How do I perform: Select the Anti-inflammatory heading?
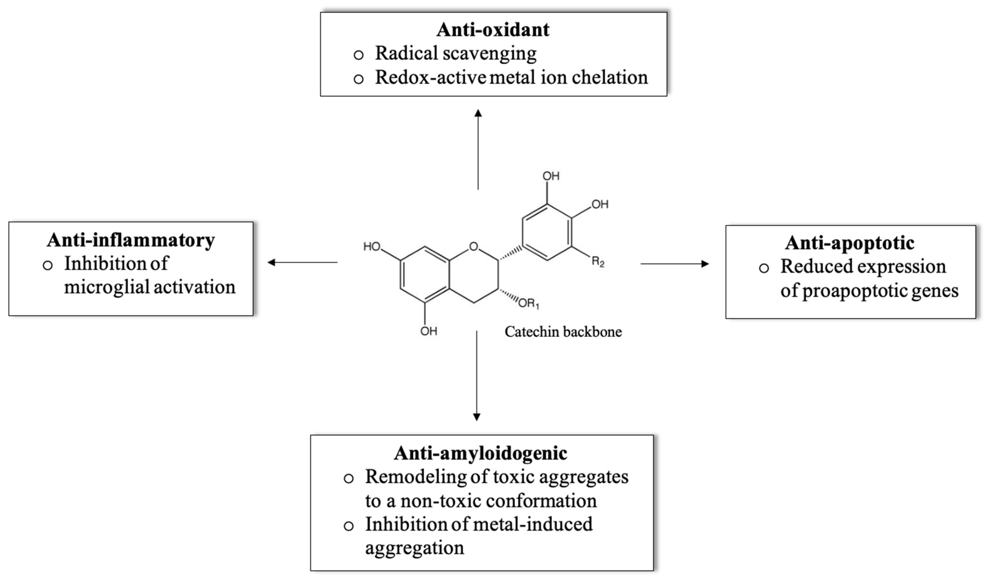tap(131, 240)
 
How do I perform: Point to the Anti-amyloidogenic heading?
tap(480, 453)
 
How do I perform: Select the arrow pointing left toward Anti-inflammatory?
tap(302, 263)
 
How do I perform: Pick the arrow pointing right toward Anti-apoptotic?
tap(674, 264)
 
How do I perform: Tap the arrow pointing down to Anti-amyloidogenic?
tap(476, 375)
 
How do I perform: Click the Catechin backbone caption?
tap(563, 332)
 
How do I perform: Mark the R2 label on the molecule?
tap(598, 262)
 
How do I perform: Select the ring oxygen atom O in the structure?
tap(474, 246)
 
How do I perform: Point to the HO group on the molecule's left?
tap(372, 246)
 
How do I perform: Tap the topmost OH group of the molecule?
tap(551, 176)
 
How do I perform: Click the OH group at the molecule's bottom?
tap(429, 331)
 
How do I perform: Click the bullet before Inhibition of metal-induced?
tap(349, 526)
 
